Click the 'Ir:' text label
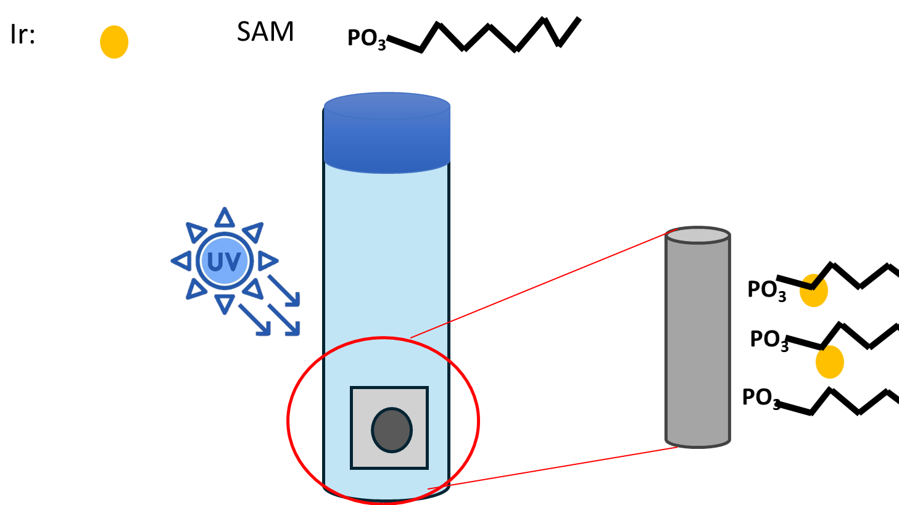coord(23,35)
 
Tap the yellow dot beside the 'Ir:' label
coord(114,42)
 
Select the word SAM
coord(265,31)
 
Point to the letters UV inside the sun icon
coord(224,262)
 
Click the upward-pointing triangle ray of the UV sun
coord(225,218)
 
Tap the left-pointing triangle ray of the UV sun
coord(181,261)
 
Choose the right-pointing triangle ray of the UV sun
coord(267,261)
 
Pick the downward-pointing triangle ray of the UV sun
coord(225,303)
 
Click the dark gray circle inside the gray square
coord(391,430)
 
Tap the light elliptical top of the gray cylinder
coord(697,235)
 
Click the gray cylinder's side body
coord(697,339)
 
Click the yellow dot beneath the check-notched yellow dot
coord(829,362)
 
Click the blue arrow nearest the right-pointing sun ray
coord(284,290)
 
